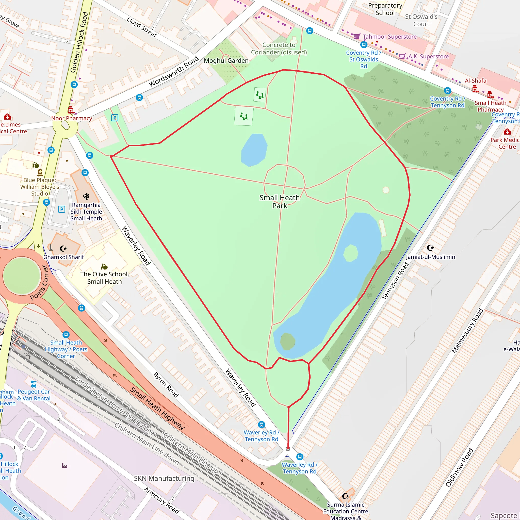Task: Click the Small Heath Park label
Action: [x=279, y=202]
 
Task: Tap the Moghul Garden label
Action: [x=226, y=61]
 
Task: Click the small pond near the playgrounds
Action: [x=254, y=150]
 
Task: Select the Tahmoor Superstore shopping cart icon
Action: [x=357, y=36]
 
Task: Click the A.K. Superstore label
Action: [x=428, y=57]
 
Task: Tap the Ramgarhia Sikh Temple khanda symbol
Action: [x=86, y=196]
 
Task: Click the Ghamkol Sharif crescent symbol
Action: [x=63, y=248]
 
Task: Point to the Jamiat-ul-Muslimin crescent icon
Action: [x=430, y=248]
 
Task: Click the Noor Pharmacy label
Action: [x=72, y=118]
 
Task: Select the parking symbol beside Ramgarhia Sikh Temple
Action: [x=62, y=209]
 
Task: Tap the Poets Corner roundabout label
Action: [x=39, y=283]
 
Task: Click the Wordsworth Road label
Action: [x=174, y=71]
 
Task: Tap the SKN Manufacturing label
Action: [x=164, y=478]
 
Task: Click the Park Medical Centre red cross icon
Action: [x=507, y=132]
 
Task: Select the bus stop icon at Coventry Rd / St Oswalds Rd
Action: [x=364, y=45]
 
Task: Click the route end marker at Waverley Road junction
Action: [x=288, y=449]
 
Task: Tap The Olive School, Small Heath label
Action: [x=104, y=278]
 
